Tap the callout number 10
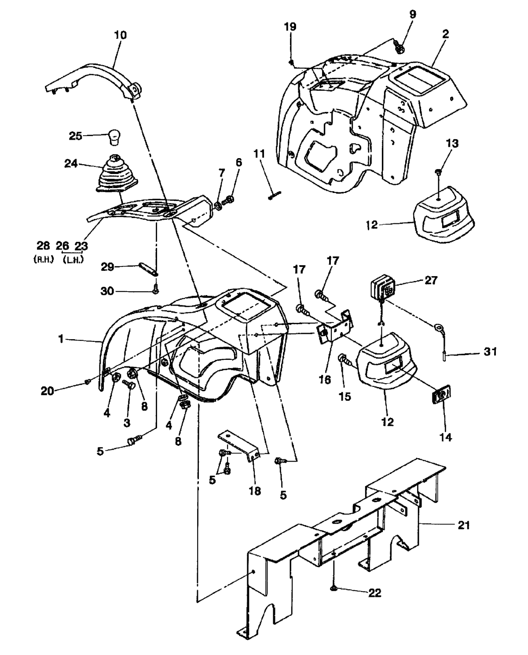120,35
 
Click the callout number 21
463,525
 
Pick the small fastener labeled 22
334,588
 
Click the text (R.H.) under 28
44,259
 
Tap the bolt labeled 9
400,46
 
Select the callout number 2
445,34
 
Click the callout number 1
61,338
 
